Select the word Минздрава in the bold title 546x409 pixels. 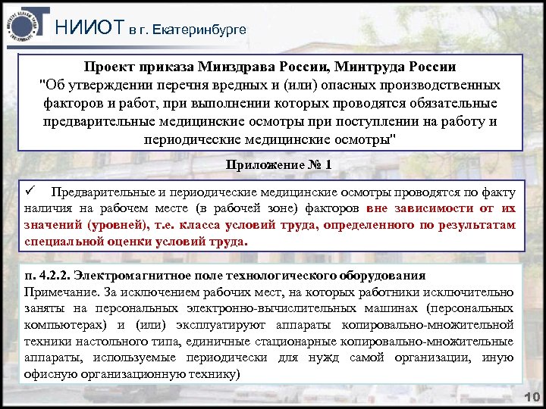[242, 67]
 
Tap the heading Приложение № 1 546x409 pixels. [279, 164]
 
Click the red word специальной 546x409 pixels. [62, 243]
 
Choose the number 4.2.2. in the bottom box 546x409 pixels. [61, 275]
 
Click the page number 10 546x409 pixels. [530, 398]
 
